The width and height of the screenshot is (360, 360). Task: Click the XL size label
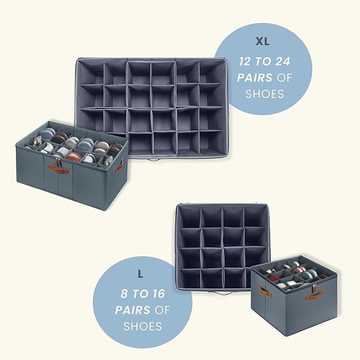(262, 41)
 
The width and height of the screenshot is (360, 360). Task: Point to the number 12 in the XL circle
(245, 62)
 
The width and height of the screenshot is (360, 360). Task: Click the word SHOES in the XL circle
(265, 94)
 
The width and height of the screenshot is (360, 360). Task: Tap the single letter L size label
(141, 274)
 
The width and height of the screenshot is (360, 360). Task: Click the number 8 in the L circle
(124, 294)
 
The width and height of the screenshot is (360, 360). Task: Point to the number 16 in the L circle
(158, 294)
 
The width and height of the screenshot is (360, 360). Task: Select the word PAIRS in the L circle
(133, 310)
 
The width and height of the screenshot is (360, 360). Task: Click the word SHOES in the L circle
(142, 326)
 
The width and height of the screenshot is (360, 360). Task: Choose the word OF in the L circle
(162, 310)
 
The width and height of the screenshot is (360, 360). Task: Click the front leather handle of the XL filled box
(58, 169)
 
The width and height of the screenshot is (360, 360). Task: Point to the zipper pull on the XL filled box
(56, 162)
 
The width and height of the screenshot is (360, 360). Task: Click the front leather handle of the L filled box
(315, 295)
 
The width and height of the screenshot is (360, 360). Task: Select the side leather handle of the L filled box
(266, 292)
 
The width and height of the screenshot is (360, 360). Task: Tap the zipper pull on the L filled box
(314, 287)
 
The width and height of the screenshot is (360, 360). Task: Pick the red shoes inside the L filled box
(273, 278)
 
